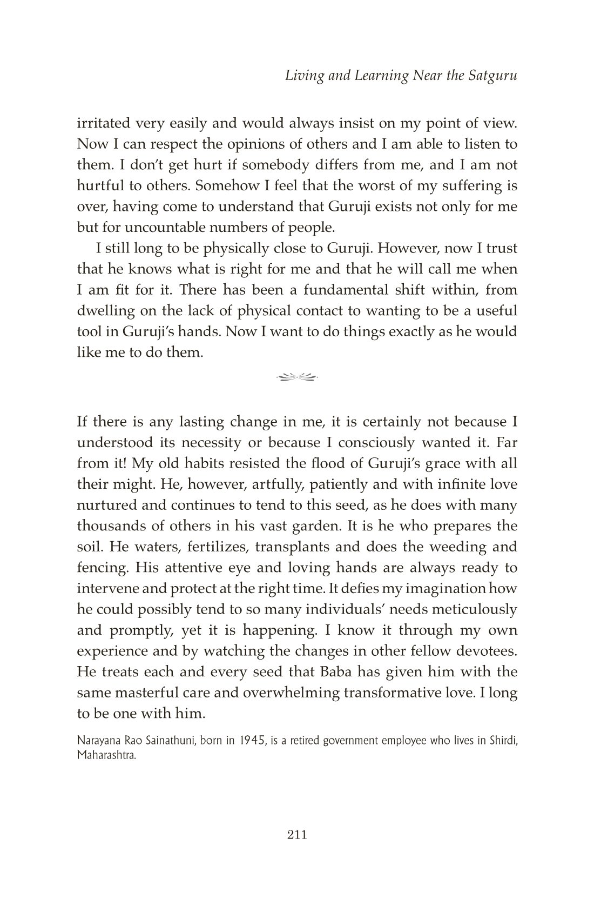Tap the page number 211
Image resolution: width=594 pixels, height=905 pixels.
(x=298, y=835)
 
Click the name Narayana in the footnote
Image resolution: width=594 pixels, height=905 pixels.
(x=96, y=741)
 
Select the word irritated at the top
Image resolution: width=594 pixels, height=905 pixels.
(x=102, y=123)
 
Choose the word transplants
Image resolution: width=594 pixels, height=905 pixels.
(x=293, y=547)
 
